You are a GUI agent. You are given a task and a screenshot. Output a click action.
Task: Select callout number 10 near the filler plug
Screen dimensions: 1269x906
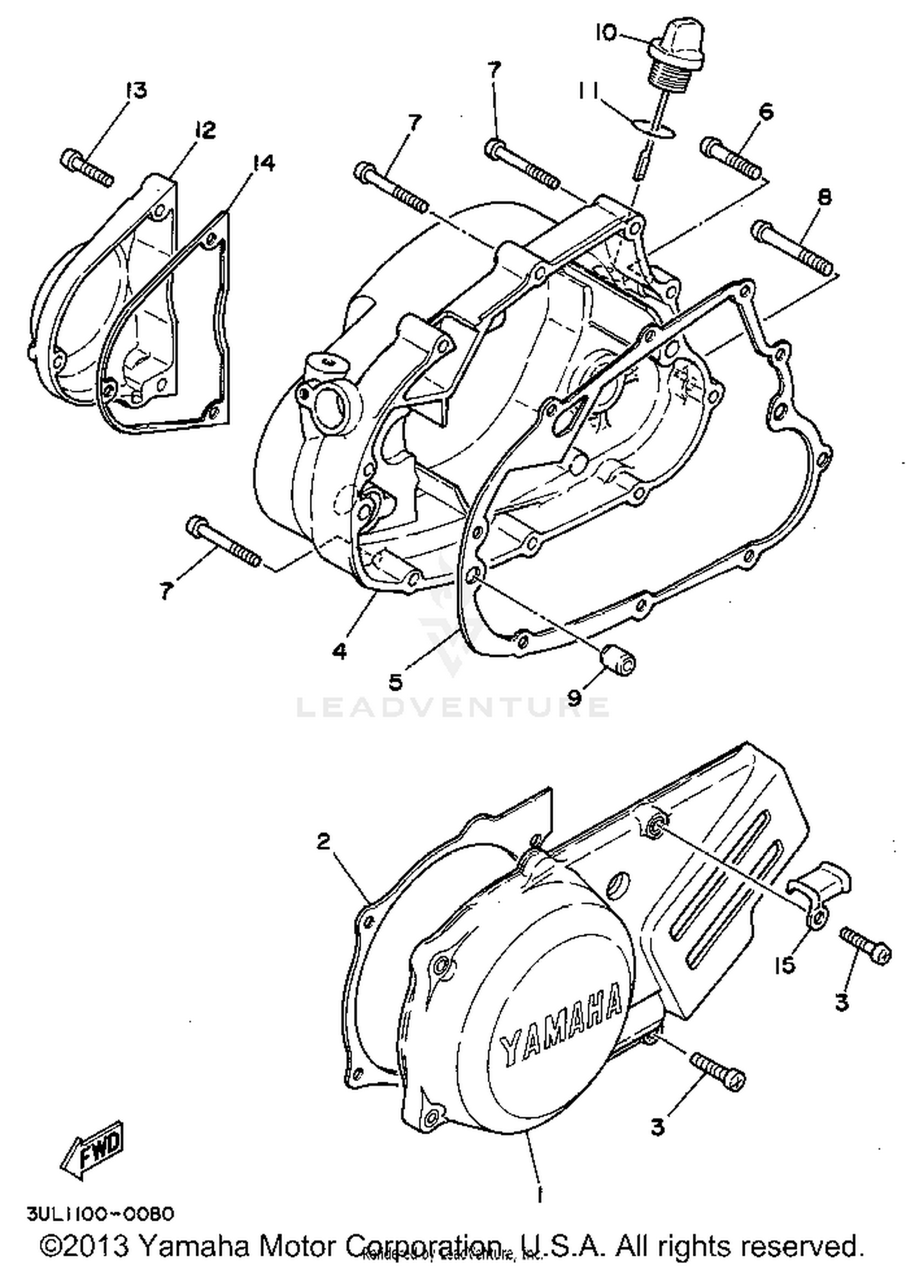[x=606, y=33]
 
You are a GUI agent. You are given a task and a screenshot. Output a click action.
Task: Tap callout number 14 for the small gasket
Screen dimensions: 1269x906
[x=263, y=163]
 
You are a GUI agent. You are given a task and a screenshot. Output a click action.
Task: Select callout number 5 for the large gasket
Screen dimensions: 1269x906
[x=395, y=681]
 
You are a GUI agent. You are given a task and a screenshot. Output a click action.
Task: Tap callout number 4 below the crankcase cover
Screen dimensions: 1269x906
[x=339, y=650]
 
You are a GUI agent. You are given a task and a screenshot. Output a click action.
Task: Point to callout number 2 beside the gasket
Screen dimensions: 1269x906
[x=324, y=841]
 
